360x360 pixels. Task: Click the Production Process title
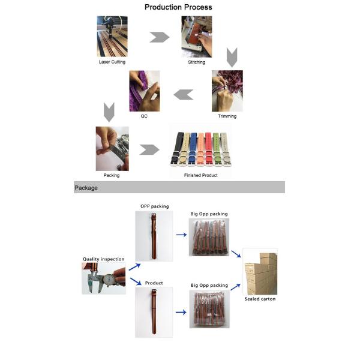pos(178,7)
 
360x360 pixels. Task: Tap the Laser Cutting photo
pos(112,36)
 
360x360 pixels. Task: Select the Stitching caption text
pos(197,62)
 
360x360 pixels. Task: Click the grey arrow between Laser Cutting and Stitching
pos(160,37)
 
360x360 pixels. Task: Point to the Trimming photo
pos(227,91)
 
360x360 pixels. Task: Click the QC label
pos(144,116)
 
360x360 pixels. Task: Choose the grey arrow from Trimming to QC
pos(184,95)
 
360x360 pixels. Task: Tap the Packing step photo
pos(112,149)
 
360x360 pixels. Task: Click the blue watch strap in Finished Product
pos(193,149)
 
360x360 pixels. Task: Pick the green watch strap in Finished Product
pos(217,149)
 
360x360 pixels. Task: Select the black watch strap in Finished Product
pos(177,148)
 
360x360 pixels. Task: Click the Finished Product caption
pos(200,175)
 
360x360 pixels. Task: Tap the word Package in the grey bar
pos(86,188)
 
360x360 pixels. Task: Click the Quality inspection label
pos(104,259)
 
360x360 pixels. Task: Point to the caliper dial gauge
pos(108,280)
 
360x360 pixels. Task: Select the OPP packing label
pos(155,206)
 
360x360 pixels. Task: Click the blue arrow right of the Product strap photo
pos(181,312)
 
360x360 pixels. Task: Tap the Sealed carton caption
pos(260,299)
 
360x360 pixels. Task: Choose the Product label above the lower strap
pos(154,283)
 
